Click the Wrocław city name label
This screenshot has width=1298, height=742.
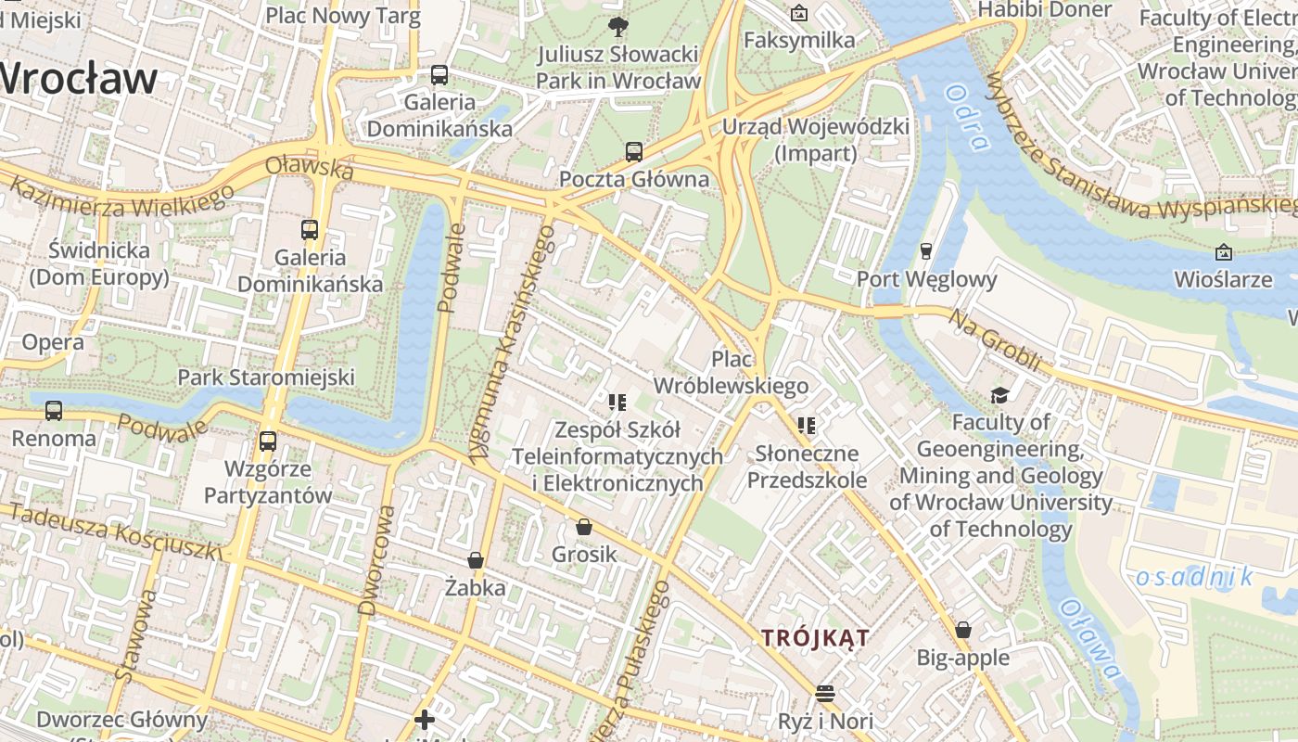[x=79, y=78]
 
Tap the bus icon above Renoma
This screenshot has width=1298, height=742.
[x=54, y=411]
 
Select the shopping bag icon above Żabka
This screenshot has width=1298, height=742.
[x=476, y=560]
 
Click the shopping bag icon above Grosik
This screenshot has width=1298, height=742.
[x=584, y=527]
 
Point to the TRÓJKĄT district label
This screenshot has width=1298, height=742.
[x=815, y=638]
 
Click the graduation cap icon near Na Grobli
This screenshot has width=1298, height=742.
[x=999, y=396]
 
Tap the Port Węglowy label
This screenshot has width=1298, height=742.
[x=926, y=279]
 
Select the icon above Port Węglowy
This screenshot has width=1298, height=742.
[x=925, y=250]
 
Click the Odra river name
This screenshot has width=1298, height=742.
[x=968, y=116]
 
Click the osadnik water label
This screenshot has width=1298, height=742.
[x=1194, y=578]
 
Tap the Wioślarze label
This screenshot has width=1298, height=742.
[x=1223, y=279]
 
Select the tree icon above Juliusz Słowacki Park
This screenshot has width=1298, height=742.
[x=617, y=26]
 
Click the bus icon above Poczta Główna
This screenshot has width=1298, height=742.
[x=634, y=151]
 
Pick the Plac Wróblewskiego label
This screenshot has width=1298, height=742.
[x=732, y=372]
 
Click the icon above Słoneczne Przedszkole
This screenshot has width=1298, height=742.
[x=807, y=426]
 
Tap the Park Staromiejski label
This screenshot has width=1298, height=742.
[x=266, y=377]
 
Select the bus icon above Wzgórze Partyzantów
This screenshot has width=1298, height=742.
[x=268, y=441]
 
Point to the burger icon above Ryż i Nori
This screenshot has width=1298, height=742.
[x=825, y=693]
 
